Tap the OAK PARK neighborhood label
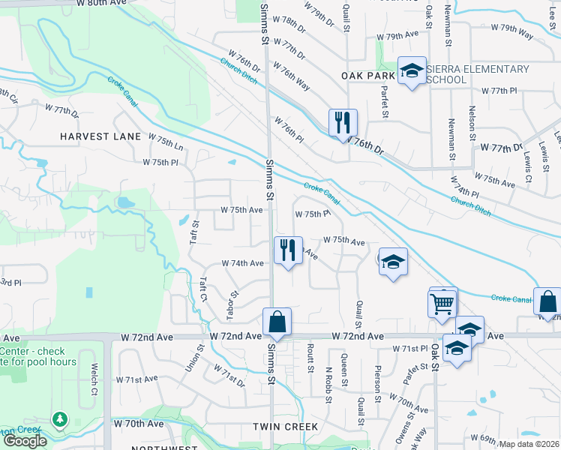(x=367, y=76)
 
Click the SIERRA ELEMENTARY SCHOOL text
(x=477, y=74)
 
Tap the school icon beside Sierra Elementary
(x=411, y=71)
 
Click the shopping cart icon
(x=442, y=303)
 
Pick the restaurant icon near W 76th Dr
(x=343, y=122)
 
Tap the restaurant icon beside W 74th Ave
(x=288, y=249)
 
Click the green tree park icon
(x=59, y=418)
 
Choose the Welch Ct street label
(x=94, y=380)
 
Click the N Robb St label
(x=328, y=385)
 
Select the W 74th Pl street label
(x=464, y=189)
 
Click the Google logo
(x=25, y=441)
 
